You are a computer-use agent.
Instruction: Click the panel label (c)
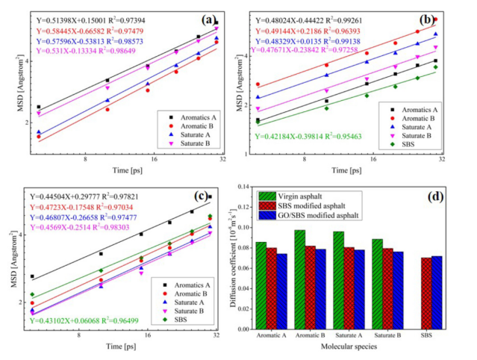coord(199,196)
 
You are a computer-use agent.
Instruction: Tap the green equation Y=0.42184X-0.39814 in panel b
coord(307,137)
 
